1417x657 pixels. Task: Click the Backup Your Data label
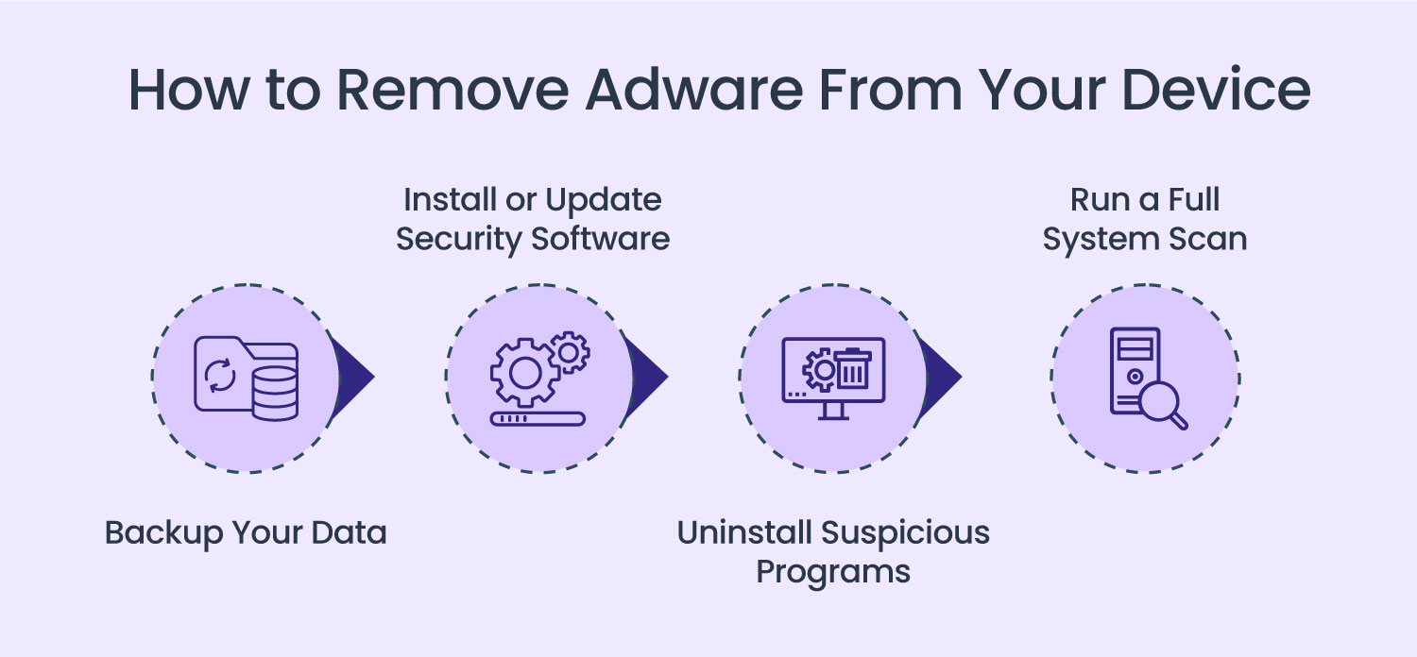[x=246, y=532]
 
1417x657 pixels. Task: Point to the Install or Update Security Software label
[x=533, y=219]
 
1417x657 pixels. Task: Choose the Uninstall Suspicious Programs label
[x=833, y=551]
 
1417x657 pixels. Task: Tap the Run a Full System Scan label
[x=1145, y=219]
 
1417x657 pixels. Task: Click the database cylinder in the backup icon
[x=275, y=391]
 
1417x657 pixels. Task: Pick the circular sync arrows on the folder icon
[x=221, y=375]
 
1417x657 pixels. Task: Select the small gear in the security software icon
[x=569, y=351]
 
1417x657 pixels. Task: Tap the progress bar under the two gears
[x=538, y=417]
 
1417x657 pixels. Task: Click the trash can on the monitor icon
[x=853, y=368]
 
